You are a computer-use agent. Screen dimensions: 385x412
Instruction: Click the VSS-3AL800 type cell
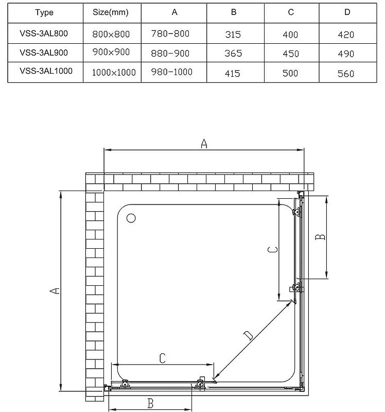(44, 33)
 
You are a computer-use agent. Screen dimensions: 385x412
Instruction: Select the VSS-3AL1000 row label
(46, 71)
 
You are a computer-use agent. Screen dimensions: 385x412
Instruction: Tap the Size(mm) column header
(111, 12)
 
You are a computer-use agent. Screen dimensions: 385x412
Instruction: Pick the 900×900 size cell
(111, 52)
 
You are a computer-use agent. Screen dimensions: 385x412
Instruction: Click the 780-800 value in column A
(170, 33)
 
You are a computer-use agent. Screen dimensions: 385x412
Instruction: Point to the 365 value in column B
(233, 54)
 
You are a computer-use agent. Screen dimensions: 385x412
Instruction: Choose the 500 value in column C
(290, 73)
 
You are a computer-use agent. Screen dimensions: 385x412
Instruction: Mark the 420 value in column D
(346, 35)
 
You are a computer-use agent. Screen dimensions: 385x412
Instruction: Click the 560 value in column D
(346, 74)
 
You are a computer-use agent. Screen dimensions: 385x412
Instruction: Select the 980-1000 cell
(172, 72)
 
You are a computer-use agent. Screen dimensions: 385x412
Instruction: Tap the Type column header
(44, 12)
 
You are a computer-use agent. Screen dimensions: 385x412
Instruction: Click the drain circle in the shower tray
(131, 218)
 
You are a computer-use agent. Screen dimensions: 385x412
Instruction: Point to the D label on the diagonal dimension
(249, 336)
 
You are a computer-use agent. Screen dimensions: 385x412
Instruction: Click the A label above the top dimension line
(204, 144)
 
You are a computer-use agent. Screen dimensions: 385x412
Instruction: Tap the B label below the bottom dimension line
(150, 403)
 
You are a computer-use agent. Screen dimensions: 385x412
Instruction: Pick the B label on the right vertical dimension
(320, 237)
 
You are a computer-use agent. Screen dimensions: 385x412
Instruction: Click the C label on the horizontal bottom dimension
(163, 358)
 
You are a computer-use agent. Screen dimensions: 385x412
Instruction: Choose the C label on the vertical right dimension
(273, 250)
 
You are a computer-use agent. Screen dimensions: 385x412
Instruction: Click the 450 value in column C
(291, 54)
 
